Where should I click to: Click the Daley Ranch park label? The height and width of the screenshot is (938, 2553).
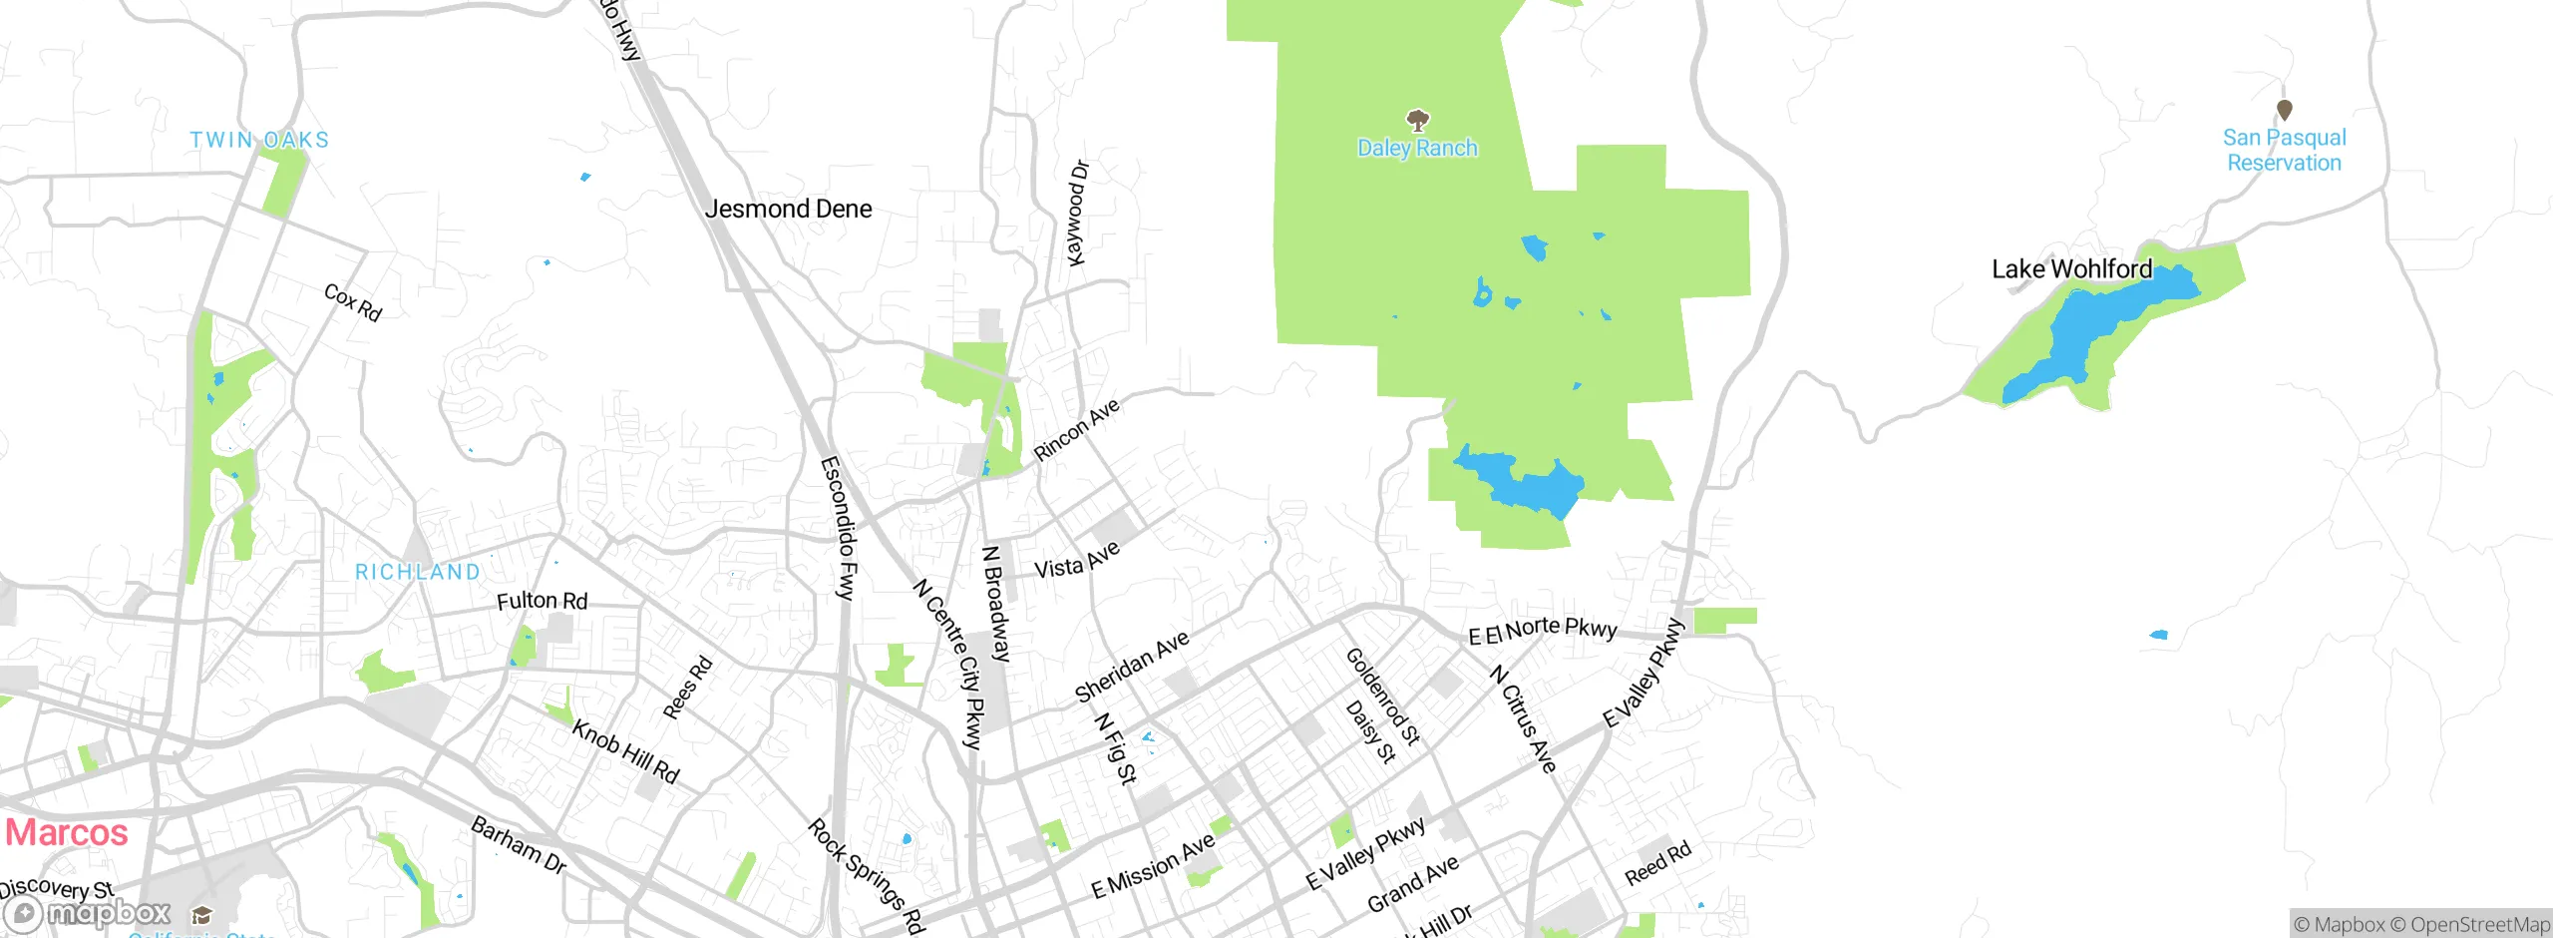[1417, 149]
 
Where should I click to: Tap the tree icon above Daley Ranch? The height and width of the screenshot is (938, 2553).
[1417, 121]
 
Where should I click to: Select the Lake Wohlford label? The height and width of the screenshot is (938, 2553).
[2071, 269]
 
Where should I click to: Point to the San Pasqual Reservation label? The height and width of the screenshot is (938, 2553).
[2284, 151]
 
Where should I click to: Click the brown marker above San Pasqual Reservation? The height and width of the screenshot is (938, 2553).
[2285, 109]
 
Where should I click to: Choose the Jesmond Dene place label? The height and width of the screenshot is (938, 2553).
[788, 209]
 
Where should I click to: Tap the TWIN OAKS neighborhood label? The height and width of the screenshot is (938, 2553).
[259, 140]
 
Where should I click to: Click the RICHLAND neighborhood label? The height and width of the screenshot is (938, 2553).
[418, 572]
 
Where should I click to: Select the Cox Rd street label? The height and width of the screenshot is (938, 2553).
[353, 302]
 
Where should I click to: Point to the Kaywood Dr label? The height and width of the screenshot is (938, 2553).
[1078, 213]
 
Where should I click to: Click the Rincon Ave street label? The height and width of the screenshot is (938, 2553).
[1076, 430]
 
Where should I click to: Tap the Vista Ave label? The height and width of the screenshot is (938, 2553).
[1077, 561]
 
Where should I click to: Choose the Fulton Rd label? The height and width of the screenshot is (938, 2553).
[543, 601]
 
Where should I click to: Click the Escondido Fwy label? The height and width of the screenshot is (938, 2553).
[839, 528]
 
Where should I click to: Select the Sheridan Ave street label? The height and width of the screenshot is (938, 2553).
[1131, 666]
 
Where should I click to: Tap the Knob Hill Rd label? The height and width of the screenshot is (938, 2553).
[625, 751]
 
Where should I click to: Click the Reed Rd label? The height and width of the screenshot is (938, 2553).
[1657, 863]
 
